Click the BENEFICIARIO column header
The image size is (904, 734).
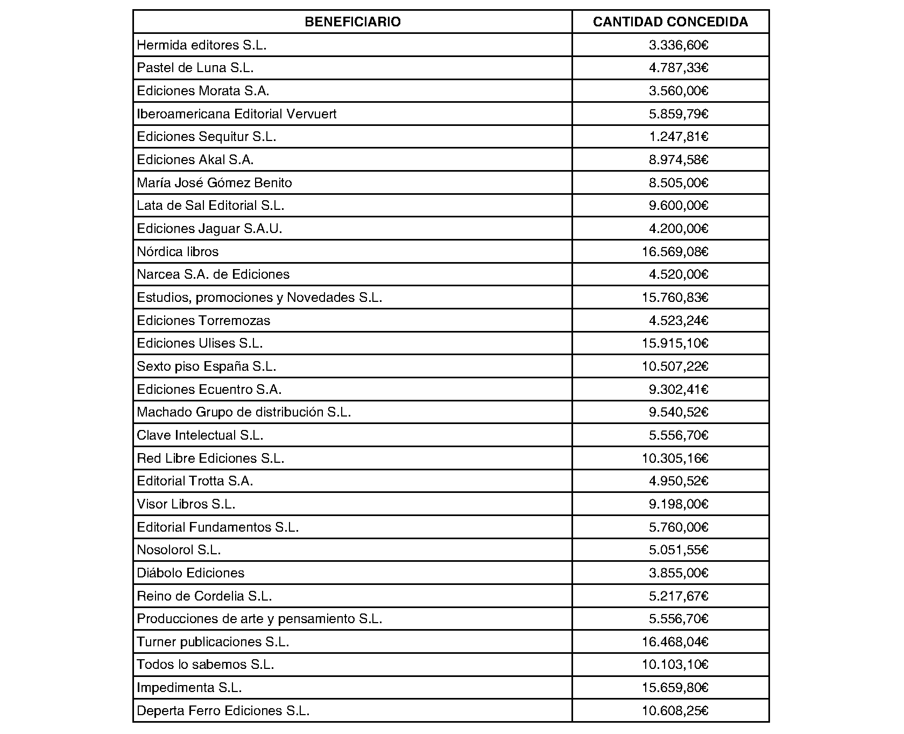click(x=352, y=22)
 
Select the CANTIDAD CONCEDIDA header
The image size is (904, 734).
click(x=670, y=22)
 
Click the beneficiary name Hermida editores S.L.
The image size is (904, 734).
click(x=202, y=45)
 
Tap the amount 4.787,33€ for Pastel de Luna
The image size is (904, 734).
click(x=679, y=68)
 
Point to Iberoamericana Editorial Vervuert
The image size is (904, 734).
click(x=237, y=114)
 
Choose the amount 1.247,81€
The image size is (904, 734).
click(x=679, y=137)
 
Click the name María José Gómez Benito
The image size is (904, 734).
click(x=214, y=183)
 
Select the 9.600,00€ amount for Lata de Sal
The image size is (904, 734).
click(x=679, y=206)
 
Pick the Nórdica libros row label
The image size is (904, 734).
click(x=178, y=252)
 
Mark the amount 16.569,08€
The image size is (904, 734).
click(x=675, y=252)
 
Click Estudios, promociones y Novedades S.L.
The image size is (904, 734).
click(x=259, y=298)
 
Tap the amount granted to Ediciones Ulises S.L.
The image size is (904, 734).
click(x=675, y=343)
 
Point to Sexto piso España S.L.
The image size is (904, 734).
click(x=206, y=366)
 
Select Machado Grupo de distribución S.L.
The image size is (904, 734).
click(x=244, y=412)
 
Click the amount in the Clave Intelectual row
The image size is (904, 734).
click(x=679, y=435)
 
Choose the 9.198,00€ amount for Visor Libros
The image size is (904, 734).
click(x=679, y=504)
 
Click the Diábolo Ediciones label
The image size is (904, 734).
click(x=190, y=573)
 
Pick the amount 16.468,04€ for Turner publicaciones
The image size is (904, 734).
click(x=675, y=642)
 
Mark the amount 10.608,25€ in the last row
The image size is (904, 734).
click(x=675, y=711)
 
